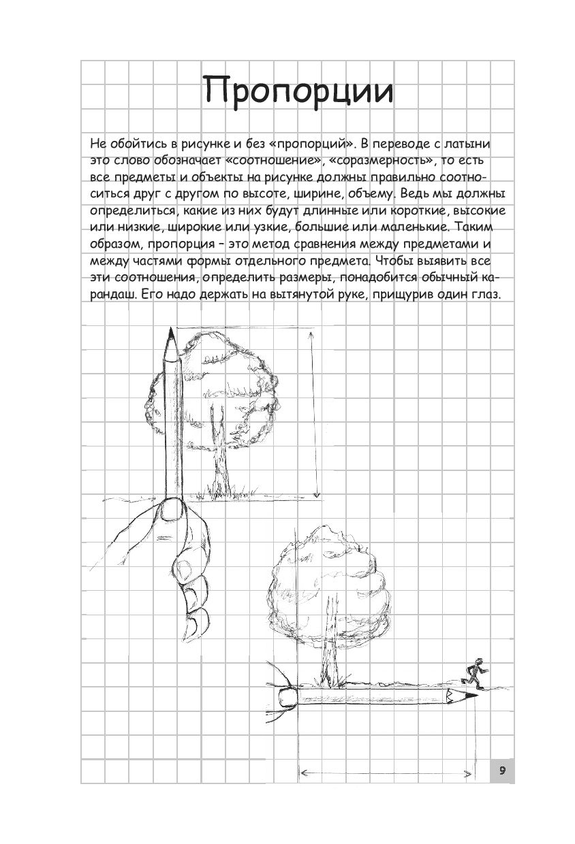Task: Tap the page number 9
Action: coord(501,770)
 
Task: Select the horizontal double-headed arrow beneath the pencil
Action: coord(387,773)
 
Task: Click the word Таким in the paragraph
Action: coord(477,227)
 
